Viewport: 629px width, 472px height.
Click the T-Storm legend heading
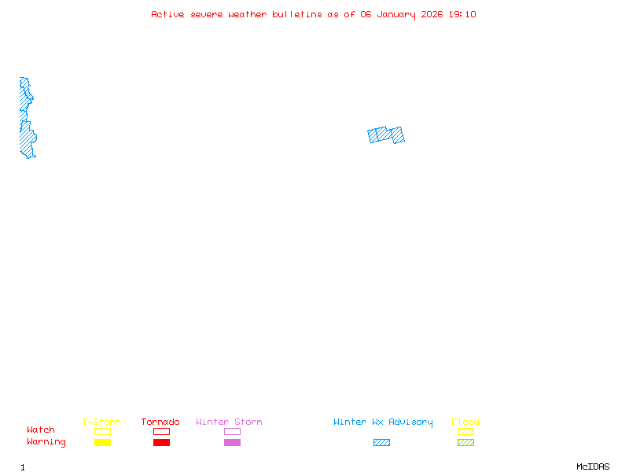pos(101,422)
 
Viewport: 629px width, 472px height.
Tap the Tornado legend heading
pos(160,422)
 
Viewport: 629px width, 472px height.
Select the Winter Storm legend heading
pos(229,422)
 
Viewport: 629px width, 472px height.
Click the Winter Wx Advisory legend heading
pos(383,422)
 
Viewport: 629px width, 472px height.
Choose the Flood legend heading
pos(465,422)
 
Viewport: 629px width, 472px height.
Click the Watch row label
pos(41,430)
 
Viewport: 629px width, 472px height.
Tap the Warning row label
pos(46,442)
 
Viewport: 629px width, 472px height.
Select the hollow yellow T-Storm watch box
pos(102,431)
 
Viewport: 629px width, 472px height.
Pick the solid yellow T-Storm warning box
pos(102,442)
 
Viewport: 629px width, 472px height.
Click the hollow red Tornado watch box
pos(161,431)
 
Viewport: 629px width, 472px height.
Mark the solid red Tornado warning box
pos(161,442)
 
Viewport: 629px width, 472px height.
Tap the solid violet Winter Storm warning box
pos(232,442)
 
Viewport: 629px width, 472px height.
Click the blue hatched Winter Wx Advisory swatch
pos(381,442)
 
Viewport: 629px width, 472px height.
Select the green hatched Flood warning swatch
pos(465,442)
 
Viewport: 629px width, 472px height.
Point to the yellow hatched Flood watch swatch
pos(465,431)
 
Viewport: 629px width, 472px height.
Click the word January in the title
pos(395,14)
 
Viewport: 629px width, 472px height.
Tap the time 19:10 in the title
pos(462,14)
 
